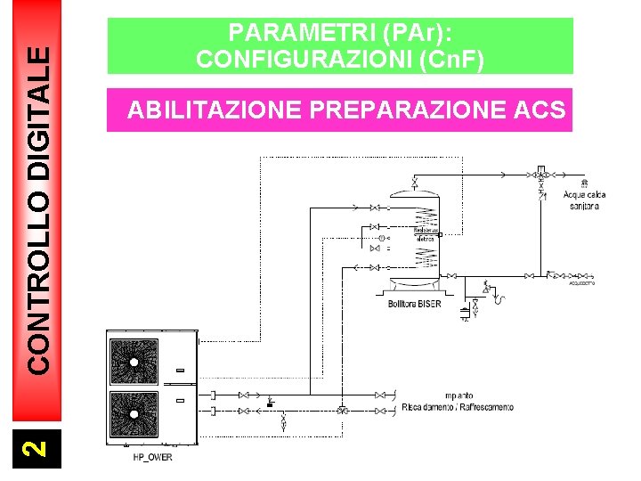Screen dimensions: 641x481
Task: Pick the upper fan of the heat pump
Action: pos(135,362)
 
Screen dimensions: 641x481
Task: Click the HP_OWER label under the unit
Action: pos(152,457)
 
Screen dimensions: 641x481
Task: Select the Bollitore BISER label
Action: pos(414,304)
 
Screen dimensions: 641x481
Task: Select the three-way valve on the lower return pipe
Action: pos(343,411)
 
